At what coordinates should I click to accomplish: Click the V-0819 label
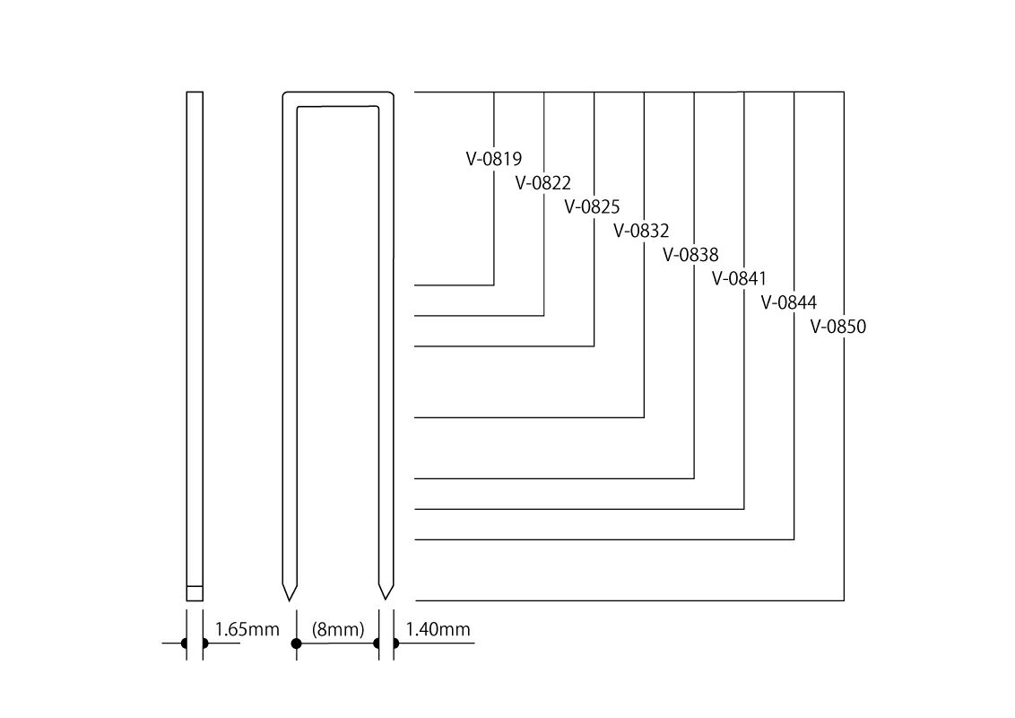[494, 160]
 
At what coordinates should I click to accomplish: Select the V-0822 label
[543, 183]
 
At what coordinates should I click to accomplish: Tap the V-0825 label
[592, 206]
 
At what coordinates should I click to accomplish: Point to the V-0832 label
[641, 231]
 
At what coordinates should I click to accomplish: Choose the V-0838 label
[690, 254]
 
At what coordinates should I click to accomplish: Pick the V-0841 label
[740, 277]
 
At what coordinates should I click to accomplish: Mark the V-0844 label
[789, 302]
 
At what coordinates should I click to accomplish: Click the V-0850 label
[838, 327]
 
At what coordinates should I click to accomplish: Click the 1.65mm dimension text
[248, 630]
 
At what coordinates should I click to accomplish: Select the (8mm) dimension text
[338, 630]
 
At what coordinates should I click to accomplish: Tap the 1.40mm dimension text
[438, 630]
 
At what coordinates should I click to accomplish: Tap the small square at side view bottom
[195, 592]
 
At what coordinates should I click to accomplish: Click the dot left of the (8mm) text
[296, 644]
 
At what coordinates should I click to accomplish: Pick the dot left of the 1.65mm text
[185, 644]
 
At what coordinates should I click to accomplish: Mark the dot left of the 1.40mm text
[377, 644]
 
